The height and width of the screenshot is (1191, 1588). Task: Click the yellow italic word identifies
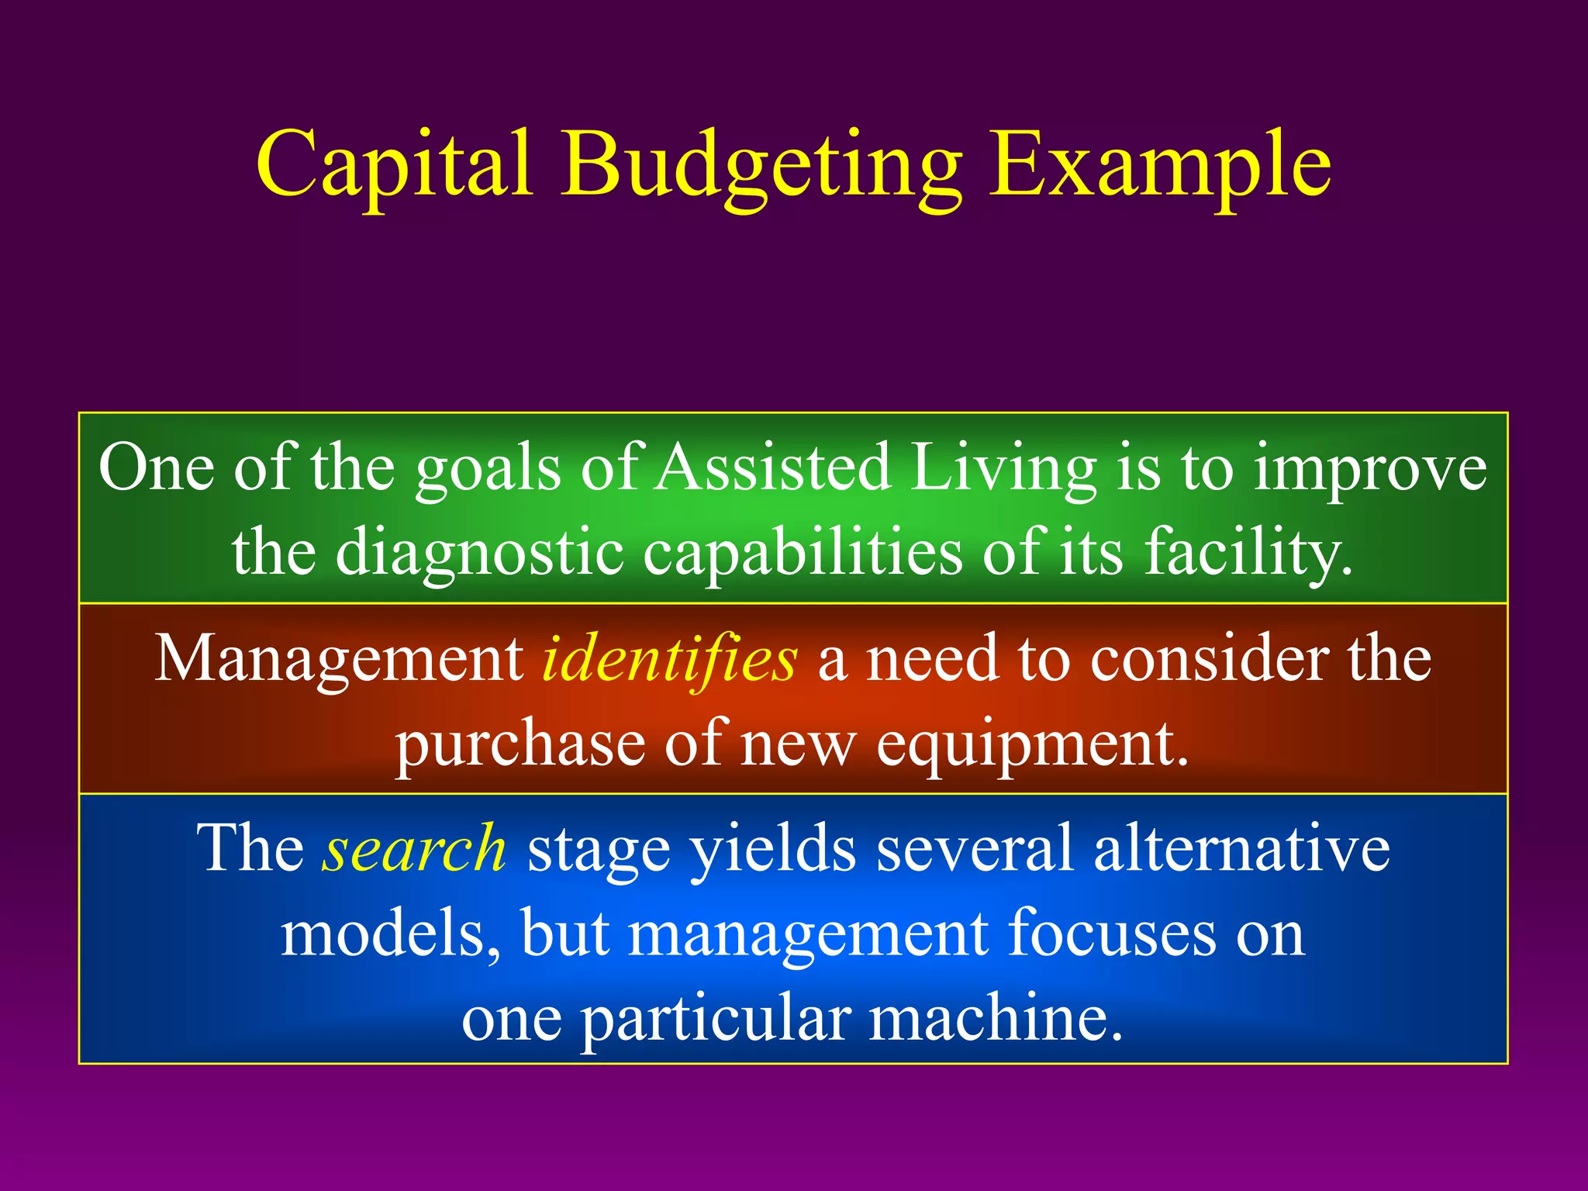(668, 659)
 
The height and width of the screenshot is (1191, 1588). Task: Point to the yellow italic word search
(415, 849)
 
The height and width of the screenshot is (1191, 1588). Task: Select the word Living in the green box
(1003, 469)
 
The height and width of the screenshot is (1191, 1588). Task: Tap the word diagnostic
(480, 552)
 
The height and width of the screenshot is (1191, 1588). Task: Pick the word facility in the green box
(1248, 552)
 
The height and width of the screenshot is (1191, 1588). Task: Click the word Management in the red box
(340, 659)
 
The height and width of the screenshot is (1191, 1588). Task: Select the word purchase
(520, 744)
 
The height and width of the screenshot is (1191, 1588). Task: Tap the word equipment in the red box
(1032, 744)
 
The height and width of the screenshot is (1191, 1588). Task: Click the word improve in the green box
(1370, 469)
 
